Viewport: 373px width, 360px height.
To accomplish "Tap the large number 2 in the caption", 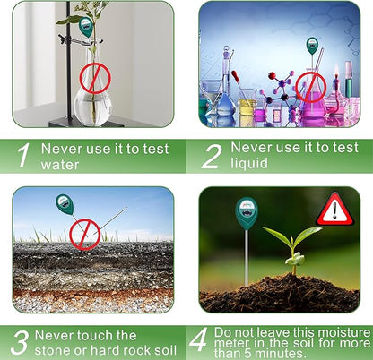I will (211, 153).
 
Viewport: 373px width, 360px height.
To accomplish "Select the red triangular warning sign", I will (334, 210).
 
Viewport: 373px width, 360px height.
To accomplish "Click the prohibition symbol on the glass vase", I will (92, 79).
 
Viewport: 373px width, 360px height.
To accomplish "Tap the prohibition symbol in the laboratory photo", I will (311, 86).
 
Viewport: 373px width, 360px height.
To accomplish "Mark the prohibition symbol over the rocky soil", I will (85, 234).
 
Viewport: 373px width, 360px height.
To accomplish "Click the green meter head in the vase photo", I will (86, 26).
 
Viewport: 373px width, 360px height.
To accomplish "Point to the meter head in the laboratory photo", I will (311, 45).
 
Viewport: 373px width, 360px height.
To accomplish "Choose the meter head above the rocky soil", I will (65, 204).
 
